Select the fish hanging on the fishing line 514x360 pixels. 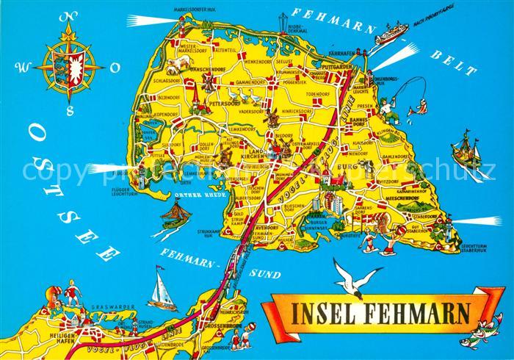pos(421,108)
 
